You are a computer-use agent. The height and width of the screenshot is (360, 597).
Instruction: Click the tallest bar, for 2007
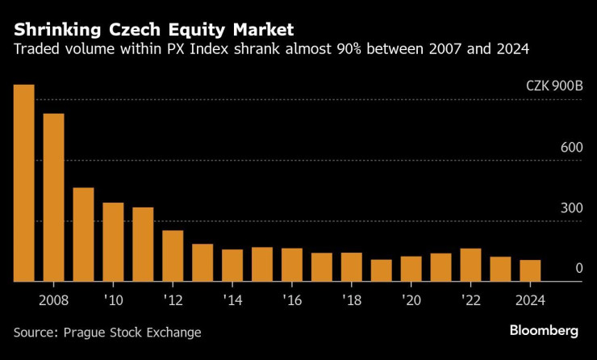[23, 183]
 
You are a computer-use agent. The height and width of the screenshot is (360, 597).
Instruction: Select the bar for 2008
[53, 198]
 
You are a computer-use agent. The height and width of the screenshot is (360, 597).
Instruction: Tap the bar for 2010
[113, 242]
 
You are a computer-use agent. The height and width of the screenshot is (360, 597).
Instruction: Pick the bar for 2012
[173, 256]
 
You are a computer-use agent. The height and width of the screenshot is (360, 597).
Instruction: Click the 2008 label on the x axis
[53, 299]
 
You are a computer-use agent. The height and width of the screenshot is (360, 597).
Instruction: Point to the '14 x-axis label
[232, 299]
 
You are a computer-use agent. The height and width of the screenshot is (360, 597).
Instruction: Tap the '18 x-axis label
[352, 299]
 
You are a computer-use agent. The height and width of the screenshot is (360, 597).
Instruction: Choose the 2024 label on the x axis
[530, 299]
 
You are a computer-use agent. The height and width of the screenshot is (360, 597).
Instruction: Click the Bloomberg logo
[544, 331]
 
